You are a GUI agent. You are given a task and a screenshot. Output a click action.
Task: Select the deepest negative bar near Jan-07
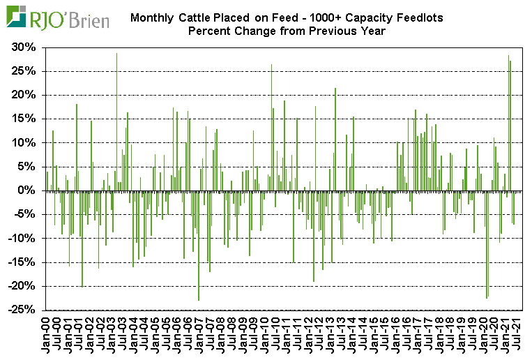pyautogui.click(x=199, y=245)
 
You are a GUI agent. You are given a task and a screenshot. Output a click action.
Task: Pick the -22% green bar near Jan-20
pyautogui.click(x=487, y=243)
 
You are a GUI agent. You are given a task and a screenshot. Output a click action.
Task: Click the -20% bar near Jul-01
pyautogui.click(x=82, y=238)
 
